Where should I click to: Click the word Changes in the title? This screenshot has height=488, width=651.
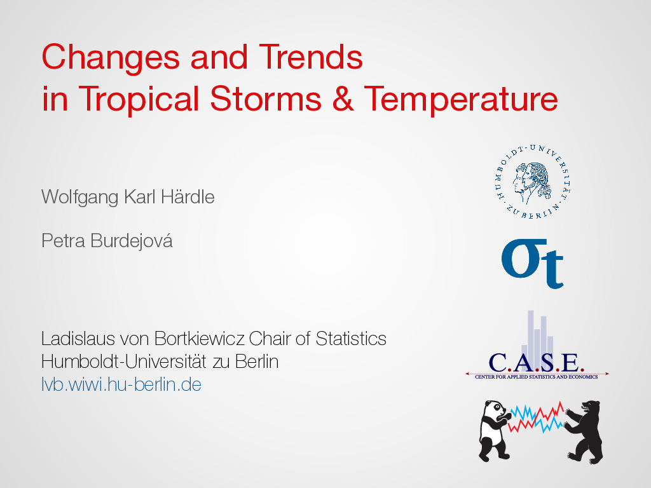click(111, 58)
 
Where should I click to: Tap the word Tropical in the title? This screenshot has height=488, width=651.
click(139, 100)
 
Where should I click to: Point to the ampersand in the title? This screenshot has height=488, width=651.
click(343, 98)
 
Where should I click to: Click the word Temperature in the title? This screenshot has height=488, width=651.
click(461, 100)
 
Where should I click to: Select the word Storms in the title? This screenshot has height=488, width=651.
click(266, 98)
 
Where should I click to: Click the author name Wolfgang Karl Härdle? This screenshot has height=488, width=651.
click(128, 197)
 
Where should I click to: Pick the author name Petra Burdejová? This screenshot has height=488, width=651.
click(107, 241)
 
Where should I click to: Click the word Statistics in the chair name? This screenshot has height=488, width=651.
click(351, 339)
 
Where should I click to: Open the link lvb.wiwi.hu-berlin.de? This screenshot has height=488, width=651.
click(121, 384)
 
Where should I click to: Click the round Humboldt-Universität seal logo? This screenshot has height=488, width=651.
click(533, 182)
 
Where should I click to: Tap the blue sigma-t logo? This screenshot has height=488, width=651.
click(532, 263)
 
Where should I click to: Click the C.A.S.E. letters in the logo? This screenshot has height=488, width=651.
click(536, 363)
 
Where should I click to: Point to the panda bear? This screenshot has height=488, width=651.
click(494, 431)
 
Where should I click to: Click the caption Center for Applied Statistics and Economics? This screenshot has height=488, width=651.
click(537, 377)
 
